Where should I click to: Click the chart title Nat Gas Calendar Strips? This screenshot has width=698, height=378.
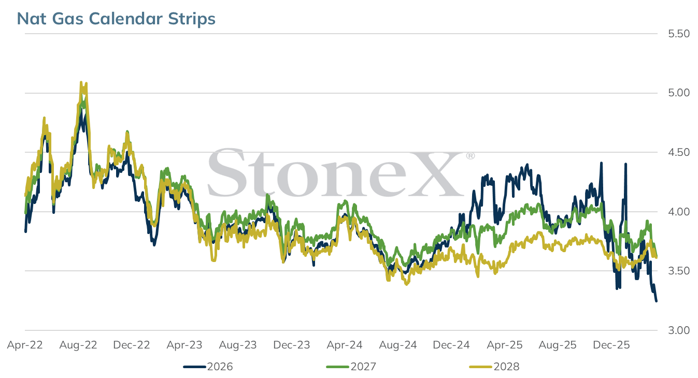[116, 19]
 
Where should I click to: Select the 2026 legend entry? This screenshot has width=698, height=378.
[208, 367]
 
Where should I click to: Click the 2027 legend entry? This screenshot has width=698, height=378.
[351, 367]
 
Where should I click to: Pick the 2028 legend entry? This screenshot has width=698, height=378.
[494, 367]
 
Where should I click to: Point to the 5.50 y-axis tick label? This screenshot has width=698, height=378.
[679, 34]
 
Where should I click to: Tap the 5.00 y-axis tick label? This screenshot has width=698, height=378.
[679, 93]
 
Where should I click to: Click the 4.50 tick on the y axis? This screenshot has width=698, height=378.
[679, 152]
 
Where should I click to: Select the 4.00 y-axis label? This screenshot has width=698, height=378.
[679, 212]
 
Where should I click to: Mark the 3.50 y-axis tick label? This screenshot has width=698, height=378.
[679, 271]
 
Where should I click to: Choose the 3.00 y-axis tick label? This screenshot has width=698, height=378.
[679, 330]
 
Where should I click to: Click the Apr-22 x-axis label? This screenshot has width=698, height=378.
[25, 345]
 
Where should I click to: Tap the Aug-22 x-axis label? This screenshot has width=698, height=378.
[78, 345]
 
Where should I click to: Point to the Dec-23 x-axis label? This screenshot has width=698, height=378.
[292, 345]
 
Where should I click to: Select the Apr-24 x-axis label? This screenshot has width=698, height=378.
[345, 345]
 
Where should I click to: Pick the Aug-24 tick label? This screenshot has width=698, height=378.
[398, 345]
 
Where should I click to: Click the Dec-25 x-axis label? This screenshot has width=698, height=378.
[611, 345]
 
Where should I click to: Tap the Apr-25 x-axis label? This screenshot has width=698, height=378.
[505, 345]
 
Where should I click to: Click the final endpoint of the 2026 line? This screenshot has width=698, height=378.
[657, 301]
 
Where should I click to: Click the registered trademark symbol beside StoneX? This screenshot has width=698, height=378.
[471, 155]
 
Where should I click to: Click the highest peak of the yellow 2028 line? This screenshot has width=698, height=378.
[81, 82]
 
